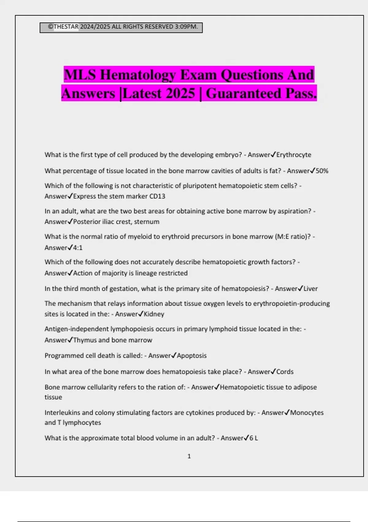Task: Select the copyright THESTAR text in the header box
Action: click(63, 27)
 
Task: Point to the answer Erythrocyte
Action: click(293, 155)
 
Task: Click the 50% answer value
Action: click(322, 171)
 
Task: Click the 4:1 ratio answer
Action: click(78, 248)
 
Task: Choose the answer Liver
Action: click(310, 289)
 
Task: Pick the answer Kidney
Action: click(154, 314)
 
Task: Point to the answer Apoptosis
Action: click(192, 356)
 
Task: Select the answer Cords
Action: click(285, 372)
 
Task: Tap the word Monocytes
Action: click(307, 413)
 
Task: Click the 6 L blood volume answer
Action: click(254, 438)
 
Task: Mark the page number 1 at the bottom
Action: click(189, 456)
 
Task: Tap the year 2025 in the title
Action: click(180, 93)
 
